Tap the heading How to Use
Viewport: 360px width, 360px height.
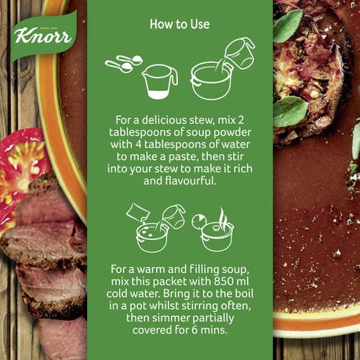click(180, 24)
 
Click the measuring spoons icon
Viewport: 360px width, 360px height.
click(123, 64)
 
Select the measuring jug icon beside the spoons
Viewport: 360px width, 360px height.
click(160, 82)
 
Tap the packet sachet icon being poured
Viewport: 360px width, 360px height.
click(137, 213)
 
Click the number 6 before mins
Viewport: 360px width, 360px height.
click(195, 330)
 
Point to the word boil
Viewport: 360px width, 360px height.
click(243, 294)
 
